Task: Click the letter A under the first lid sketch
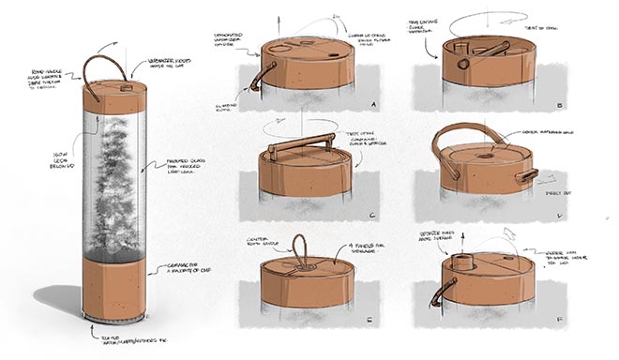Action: click(375, 104)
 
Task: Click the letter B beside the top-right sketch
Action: click(559, 106)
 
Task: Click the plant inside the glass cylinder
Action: click(115, 178)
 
